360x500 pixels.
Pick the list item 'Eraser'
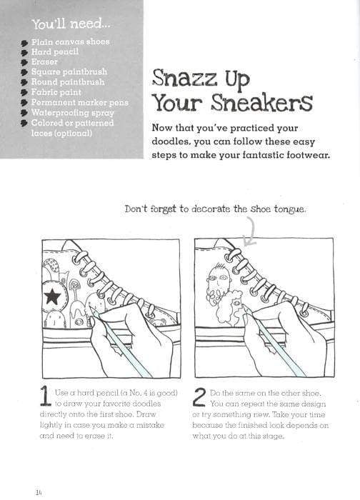point(44,61)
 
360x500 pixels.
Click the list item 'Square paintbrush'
point(68,71)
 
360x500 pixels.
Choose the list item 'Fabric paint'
point(57,92)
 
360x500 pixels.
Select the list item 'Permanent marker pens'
point(79,102)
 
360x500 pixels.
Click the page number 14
point(38,491)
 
